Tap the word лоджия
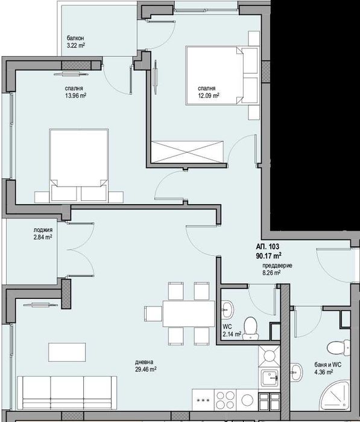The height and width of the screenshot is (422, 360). (x=43, y=230)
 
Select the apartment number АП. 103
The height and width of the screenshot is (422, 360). (x=267, y=246)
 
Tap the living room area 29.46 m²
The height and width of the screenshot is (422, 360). (x=147, y=369)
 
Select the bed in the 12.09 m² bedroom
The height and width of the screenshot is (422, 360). (x=223, y=74)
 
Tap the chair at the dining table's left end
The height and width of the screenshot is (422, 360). (x=153, y=313)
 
